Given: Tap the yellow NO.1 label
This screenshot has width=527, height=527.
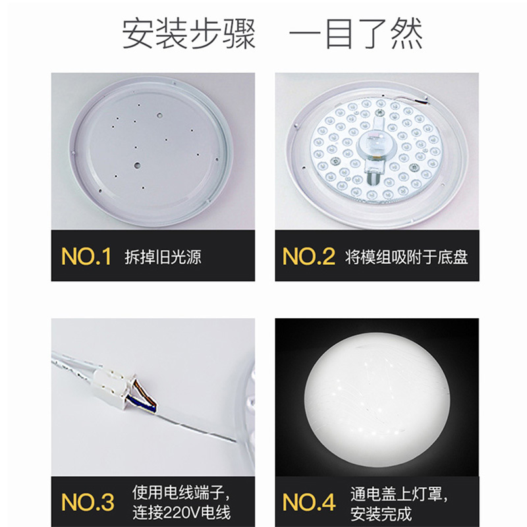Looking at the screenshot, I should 86,257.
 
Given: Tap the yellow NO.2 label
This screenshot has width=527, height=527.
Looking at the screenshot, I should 309,257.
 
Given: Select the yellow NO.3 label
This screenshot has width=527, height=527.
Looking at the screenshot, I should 88,502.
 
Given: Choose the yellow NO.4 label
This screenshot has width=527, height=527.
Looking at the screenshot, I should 309,502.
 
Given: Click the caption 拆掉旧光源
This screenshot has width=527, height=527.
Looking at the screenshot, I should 163,257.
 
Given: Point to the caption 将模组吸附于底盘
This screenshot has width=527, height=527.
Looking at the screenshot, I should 406,257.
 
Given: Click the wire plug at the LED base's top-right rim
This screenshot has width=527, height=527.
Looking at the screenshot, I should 421,101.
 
